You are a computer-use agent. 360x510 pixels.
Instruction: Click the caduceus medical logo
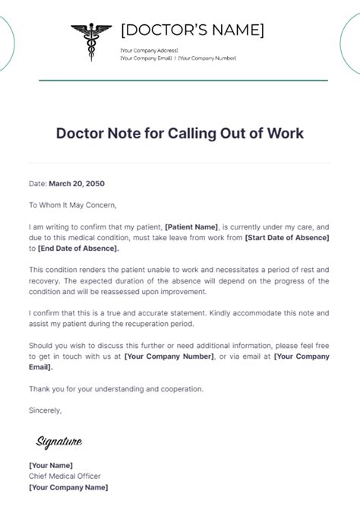(x=91, y=42)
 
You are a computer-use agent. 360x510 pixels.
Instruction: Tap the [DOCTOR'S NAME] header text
(x=193, y=30)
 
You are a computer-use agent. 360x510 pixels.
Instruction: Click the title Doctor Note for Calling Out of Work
(x=179, y=133)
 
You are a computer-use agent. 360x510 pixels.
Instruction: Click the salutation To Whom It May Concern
(x=74, y=204)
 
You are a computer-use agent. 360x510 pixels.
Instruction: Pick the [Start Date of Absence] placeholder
(x=286, y=237)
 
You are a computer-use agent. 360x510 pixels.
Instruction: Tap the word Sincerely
(x=45, y=410)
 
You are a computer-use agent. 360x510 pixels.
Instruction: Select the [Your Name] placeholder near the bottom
(x=51, y=465)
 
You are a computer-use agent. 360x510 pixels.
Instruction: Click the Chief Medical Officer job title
(x=65, y=476)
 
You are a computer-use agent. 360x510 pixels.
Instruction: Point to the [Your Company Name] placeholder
(x=68, y=487)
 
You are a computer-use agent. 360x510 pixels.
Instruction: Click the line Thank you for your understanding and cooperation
(x=116, y=389)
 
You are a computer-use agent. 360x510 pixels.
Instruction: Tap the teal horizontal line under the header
(x=182, y=80)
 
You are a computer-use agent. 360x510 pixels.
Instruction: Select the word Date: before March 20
(x=37, y=183)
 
